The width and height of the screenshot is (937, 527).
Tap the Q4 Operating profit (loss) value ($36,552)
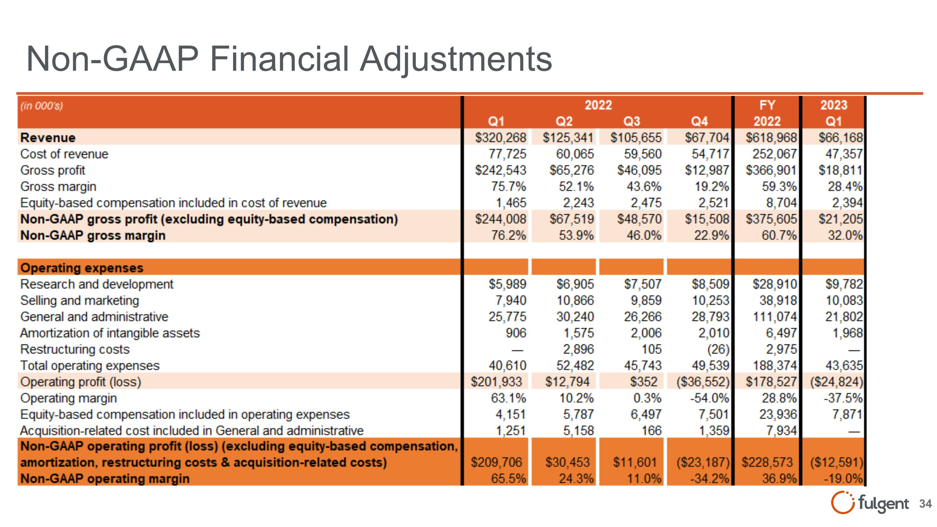click(703, 382)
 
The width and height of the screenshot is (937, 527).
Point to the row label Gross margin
click(58, 186)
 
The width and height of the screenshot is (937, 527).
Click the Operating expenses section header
click(82, 268)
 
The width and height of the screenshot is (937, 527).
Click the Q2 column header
click(564, 121)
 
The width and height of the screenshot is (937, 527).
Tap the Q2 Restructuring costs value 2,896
click(578, 350)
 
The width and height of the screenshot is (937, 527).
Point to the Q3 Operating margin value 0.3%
click(647, 398)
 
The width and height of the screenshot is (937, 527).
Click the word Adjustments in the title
click(456, 59)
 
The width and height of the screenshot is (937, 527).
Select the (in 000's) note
click(42, 106)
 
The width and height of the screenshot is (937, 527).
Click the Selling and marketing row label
click(80, 301)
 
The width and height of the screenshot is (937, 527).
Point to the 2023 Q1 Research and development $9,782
click(844, 284)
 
